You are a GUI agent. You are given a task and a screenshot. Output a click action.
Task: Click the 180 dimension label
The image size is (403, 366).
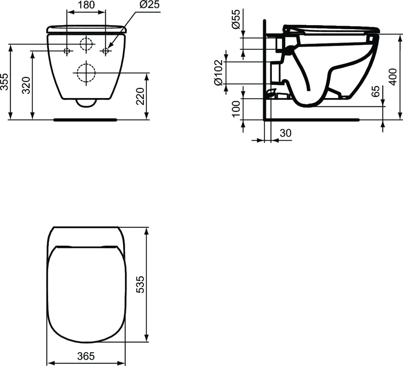(86, 5)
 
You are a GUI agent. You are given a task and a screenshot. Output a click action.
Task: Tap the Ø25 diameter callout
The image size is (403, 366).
(150, 5)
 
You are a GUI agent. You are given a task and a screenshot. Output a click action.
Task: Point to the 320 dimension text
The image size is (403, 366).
(26, 85)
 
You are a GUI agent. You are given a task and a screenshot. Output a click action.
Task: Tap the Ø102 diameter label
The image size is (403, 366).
(218, 73)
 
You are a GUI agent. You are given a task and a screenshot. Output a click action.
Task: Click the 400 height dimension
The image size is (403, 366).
(393, 77)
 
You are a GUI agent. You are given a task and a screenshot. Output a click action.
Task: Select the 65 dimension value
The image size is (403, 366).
(375, 91)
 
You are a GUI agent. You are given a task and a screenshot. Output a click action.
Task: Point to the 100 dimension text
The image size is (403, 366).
(236, 109)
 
